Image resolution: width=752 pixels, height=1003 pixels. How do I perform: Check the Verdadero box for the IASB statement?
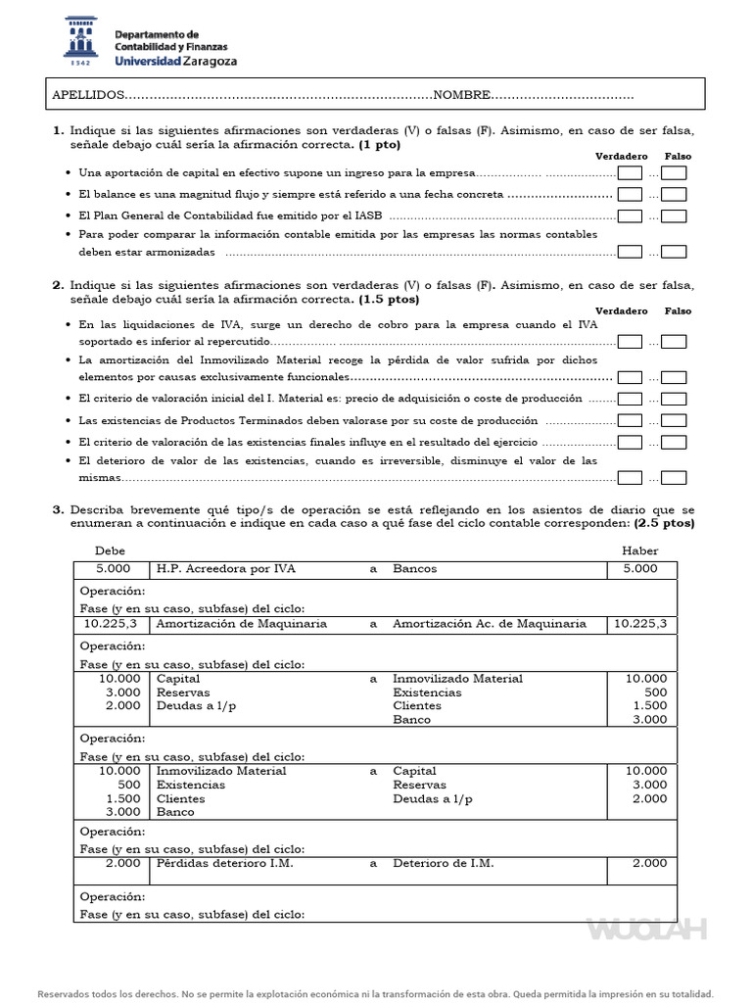(631, 216)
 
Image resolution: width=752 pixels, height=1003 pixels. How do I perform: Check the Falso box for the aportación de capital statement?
(674, 173)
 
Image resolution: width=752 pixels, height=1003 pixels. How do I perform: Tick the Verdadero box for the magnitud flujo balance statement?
(631, 195)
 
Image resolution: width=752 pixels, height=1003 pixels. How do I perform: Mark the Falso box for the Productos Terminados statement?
(674, 420)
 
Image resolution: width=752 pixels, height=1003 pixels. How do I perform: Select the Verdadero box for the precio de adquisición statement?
(631, 399)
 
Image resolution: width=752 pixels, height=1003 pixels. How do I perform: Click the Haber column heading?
(640, 550)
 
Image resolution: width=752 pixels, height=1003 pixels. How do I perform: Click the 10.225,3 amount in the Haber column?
(640, 624)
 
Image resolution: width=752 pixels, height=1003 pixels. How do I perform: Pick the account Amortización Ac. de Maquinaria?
(490, 624)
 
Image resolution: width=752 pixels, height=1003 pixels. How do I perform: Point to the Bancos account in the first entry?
(415, 569)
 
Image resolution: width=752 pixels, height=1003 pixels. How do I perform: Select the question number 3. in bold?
(58, 510)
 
